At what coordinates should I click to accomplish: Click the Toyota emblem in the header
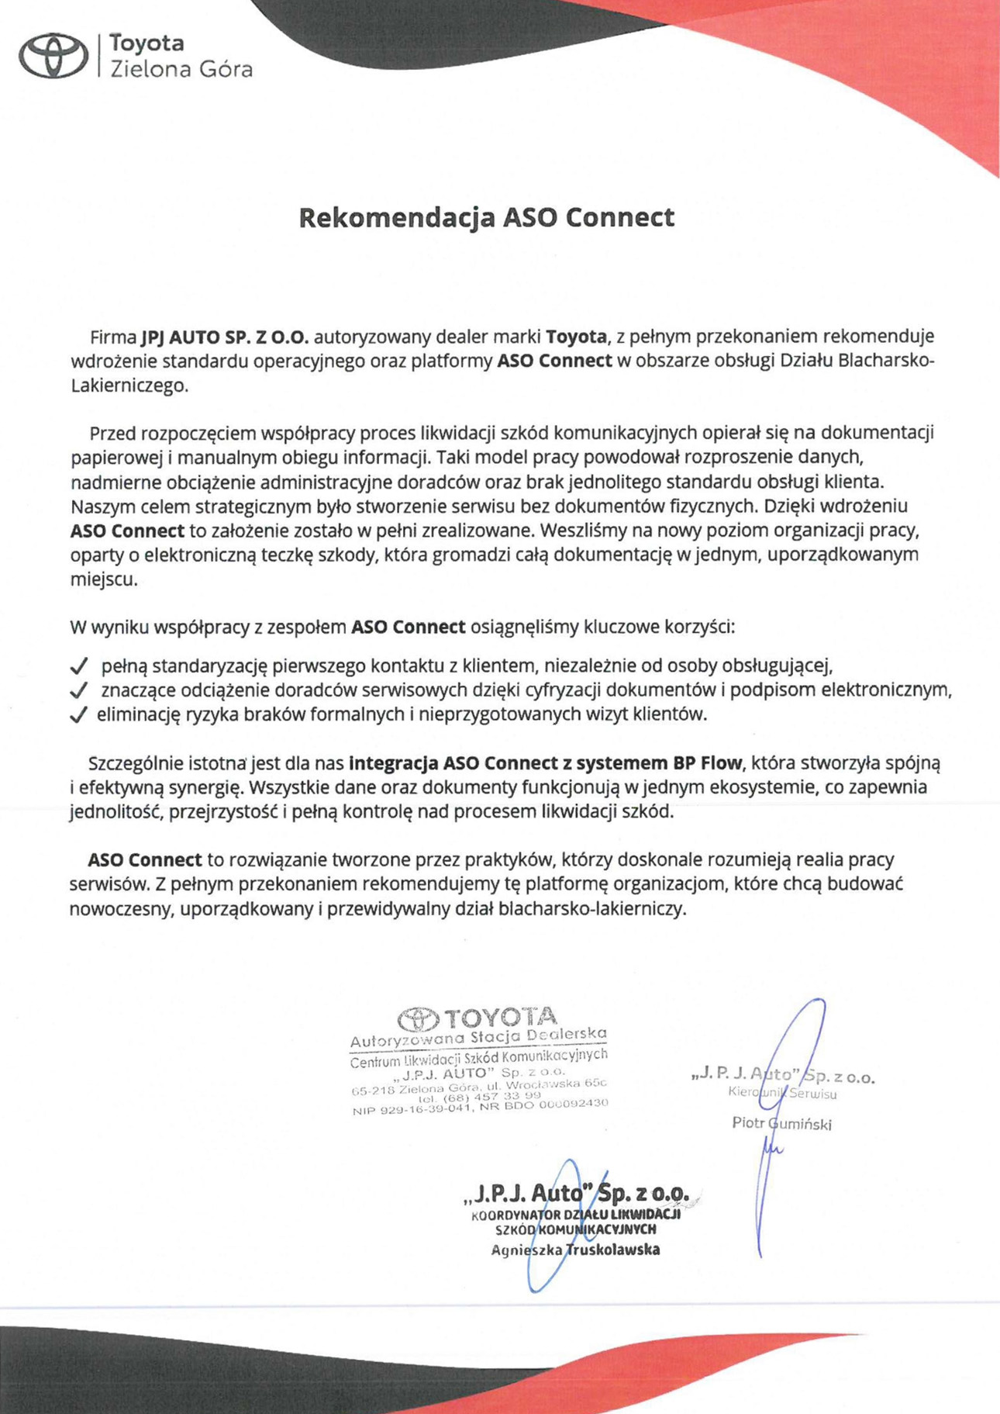(x=53, y=56)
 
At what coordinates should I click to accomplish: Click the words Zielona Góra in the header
(x=181, y=70)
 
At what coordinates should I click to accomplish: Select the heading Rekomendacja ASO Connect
(x=486, y=217)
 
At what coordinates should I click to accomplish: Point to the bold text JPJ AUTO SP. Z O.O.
(x=225, y=337)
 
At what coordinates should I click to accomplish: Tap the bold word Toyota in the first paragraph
(x=576, y=337)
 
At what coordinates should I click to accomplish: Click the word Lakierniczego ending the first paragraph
(x=129, y=385)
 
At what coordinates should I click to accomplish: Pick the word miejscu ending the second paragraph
(x=103, y=579)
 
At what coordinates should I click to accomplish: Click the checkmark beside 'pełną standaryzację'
(x=78, y=666)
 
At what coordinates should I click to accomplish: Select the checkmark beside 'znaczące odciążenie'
(x=78, y=690)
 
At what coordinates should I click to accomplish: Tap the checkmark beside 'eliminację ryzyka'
(x=78, y=715)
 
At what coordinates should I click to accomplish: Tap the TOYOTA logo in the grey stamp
(x=477, y=1018)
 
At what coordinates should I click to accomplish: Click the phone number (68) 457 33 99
(x=479, y=1097)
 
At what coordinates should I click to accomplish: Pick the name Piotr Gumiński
(x=781, y=1123)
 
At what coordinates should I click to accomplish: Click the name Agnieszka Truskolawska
(x=575, y=1250)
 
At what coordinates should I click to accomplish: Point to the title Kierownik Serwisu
(x=782, y=1094)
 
